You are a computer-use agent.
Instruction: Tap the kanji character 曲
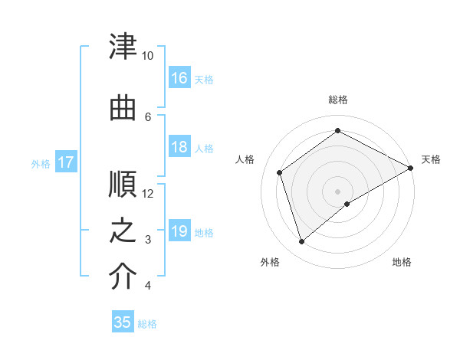123,108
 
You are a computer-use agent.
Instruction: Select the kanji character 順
123,184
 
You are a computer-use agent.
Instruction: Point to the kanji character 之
123,231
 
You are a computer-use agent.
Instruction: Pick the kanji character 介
123,277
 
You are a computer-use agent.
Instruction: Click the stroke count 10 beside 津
148,56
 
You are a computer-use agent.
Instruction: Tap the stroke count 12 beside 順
148,193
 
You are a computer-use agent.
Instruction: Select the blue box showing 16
179,77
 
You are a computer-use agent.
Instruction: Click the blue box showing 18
179,148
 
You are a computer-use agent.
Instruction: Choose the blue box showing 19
179,231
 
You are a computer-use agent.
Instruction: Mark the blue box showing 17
66,162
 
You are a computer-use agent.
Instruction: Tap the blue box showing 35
123,322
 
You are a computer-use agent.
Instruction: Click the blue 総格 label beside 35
147,324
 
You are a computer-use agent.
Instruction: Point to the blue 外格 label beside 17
41,163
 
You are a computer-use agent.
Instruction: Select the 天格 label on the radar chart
431,159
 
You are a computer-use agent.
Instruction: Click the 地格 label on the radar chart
402,262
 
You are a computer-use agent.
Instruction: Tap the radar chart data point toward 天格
412,169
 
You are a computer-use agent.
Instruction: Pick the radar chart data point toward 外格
302,242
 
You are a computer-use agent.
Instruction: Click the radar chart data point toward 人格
280,172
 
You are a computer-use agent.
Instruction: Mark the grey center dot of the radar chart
337,191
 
